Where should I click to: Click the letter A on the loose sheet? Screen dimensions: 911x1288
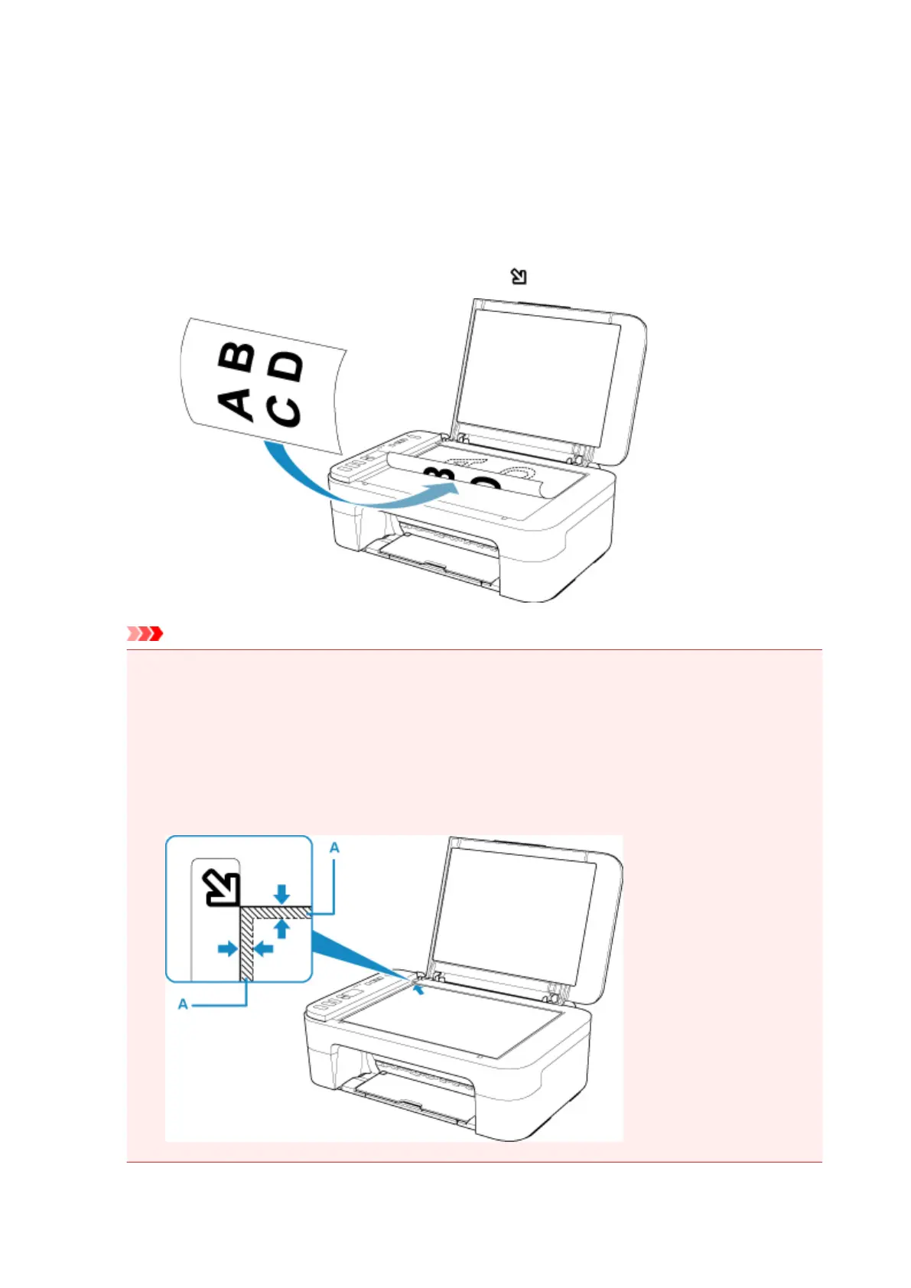pyautogui.click(x=236, y=403)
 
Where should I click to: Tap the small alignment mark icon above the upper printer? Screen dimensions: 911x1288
pyautogui.click(x=519, y=276)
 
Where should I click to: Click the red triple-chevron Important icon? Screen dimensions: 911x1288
pyautogui.click(x=145, y=633)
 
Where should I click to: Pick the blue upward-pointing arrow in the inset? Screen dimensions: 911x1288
pyautogui.click(x=282, y=928)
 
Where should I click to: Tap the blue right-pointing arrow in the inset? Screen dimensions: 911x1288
pyautogui.click(x=227, y=949)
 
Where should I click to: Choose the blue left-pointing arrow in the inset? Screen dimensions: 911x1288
pyautogui.click(x=264, y=949)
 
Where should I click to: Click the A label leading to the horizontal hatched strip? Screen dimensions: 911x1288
pyautogui.click(x=334, y=847)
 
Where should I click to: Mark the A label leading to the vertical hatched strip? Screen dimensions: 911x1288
pyautogui.click(x=183, y=1003)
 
